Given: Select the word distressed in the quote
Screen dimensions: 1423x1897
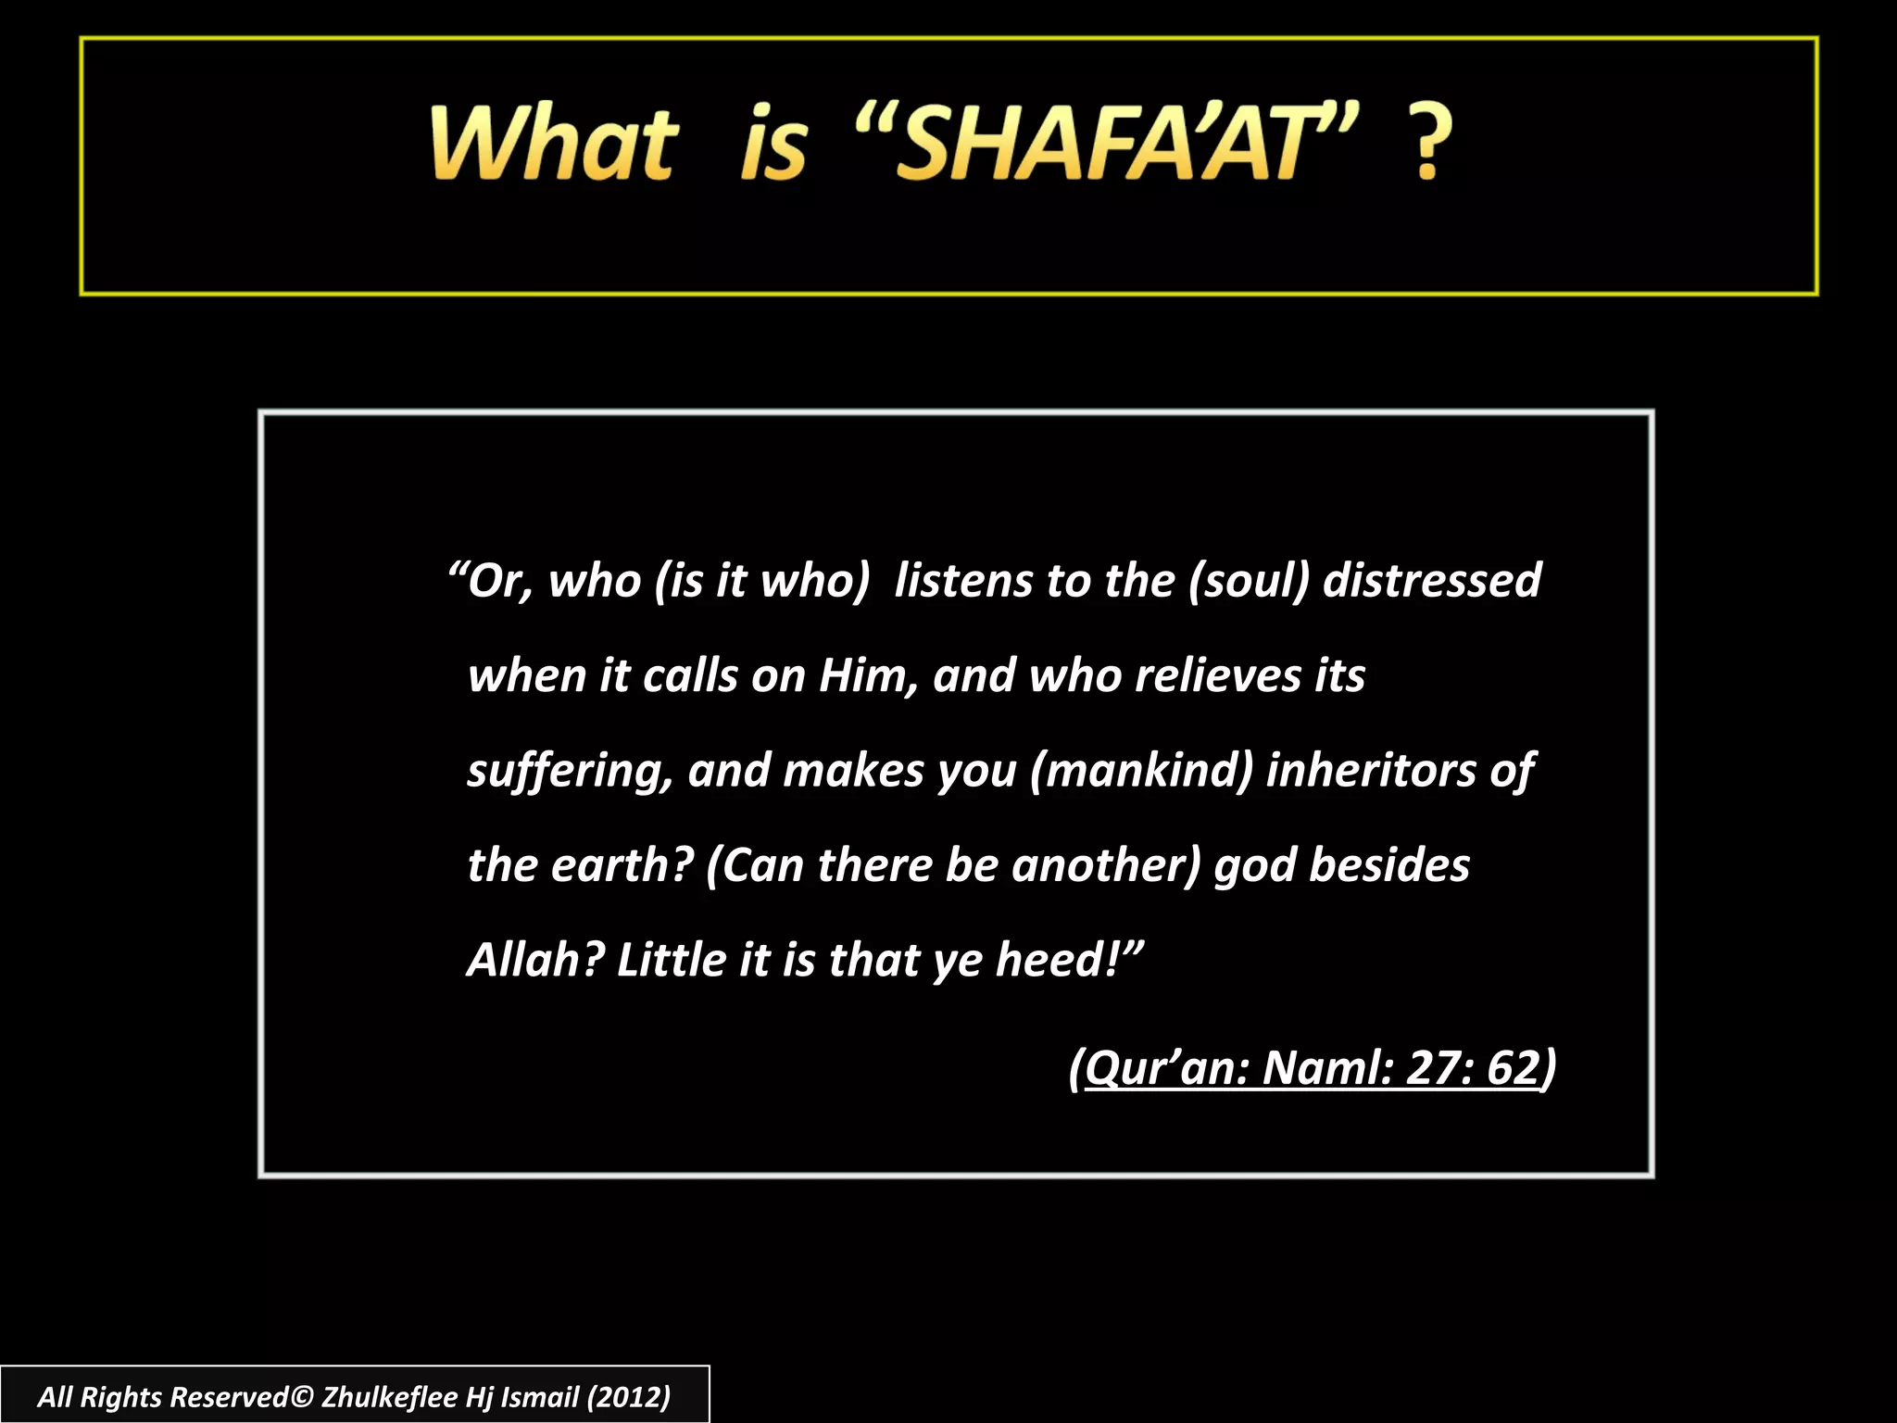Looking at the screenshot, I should click(1432, 581).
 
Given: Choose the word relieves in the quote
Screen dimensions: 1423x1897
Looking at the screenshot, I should click(1218, 675).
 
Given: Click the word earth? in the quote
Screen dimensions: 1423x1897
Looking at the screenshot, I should click(622, 865).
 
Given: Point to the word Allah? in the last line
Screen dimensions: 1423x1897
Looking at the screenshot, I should click(535, 960).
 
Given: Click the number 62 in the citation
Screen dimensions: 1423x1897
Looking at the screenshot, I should click(1513, 1067).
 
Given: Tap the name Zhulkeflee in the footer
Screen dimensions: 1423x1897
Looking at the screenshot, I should click(388, 1396).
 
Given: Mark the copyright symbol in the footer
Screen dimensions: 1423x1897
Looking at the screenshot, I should click(303, 1396).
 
